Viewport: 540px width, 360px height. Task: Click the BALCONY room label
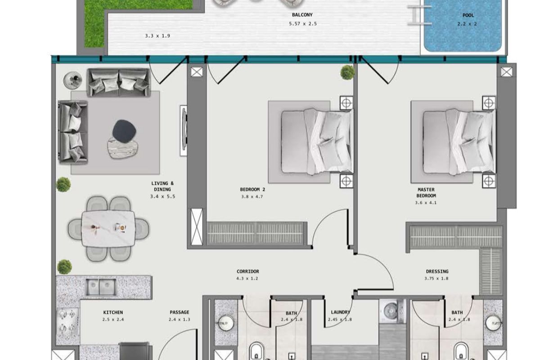point(302,15)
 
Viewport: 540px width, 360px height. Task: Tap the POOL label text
point(468,15)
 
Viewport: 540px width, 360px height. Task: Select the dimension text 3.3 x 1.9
point(157,36)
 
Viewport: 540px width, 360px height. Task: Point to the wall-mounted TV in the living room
point(184,130)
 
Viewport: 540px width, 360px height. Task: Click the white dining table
point(108,229)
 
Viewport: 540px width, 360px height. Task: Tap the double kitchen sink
point(101,287)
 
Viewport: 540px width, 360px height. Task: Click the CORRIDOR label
point(248,271)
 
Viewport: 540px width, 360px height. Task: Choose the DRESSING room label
point(437,271)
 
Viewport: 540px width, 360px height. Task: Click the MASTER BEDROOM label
point(426,193)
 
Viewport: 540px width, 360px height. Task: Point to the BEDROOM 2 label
point(252,189)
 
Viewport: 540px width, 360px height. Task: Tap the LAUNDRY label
point(340,312)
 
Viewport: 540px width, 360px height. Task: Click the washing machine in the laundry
point(392,311)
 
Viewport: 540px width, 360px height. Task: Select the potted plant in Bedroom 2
point(347,72)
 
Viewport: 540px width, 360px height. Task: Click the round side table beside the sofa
point(72,80)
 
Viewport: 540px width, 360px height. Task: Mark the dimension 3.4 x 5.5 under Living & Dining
point(163,197)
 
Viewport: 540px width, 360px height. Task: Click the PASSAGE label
point(180,312)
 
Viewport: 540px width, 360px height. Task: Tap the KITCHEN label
point(113,312)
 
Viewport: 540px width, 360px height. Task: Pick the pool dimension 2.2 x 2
point(467,24)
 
